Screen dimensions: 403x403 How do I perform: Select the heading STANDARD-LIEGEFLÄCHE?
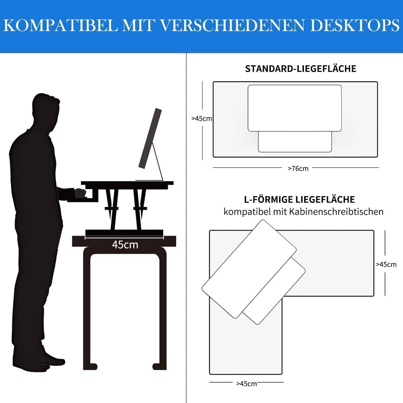tap(300, 69)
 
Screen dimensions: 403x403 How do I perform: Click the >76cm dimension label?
tap(298, 169)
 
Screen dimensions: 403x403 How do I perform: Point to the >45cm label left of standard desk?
tap(201, 118)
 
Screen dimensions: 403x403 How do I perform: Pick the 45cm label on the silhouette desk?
tap(125, 245)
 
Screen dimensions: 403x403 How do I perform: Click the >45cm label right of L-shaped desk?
tap(386, 264)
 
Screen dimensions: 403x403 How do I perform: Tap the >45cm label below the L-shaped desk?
tap(246, 384)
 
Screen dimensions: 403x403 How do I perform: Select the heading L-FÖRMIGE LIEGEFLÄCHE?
tap(299, 200)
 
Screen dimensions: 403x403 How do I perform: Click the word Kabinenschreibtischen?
tap(336, 212)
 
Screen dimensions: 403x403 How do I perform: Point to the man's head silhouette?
tap(46, 107)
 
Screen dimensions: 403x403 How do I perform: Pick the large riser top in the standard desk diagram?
tap(294, 108)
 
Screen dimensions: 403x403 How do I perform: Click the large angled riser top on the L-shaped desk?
tap(249, 269)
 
